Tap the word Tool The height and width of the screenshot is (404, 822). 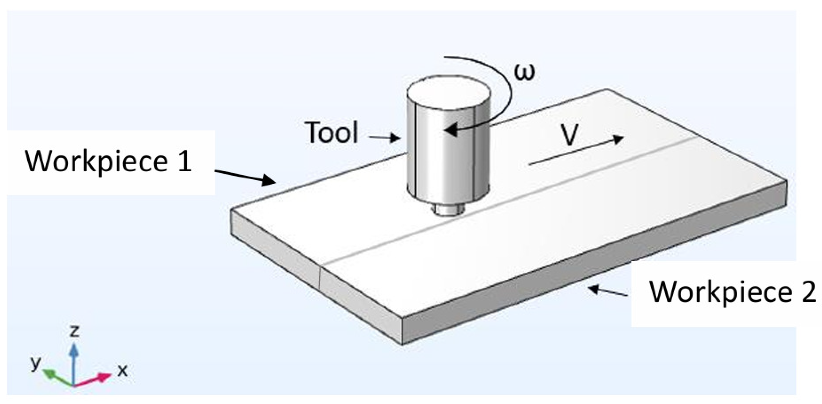pos(331,133)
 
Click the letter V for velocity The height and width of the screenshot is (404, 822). pos(570,135)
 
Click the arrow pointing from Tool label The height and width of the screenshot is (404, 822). pos(384,137)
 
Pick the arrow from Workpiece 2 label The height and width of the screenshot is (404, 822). pos(608,291)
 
